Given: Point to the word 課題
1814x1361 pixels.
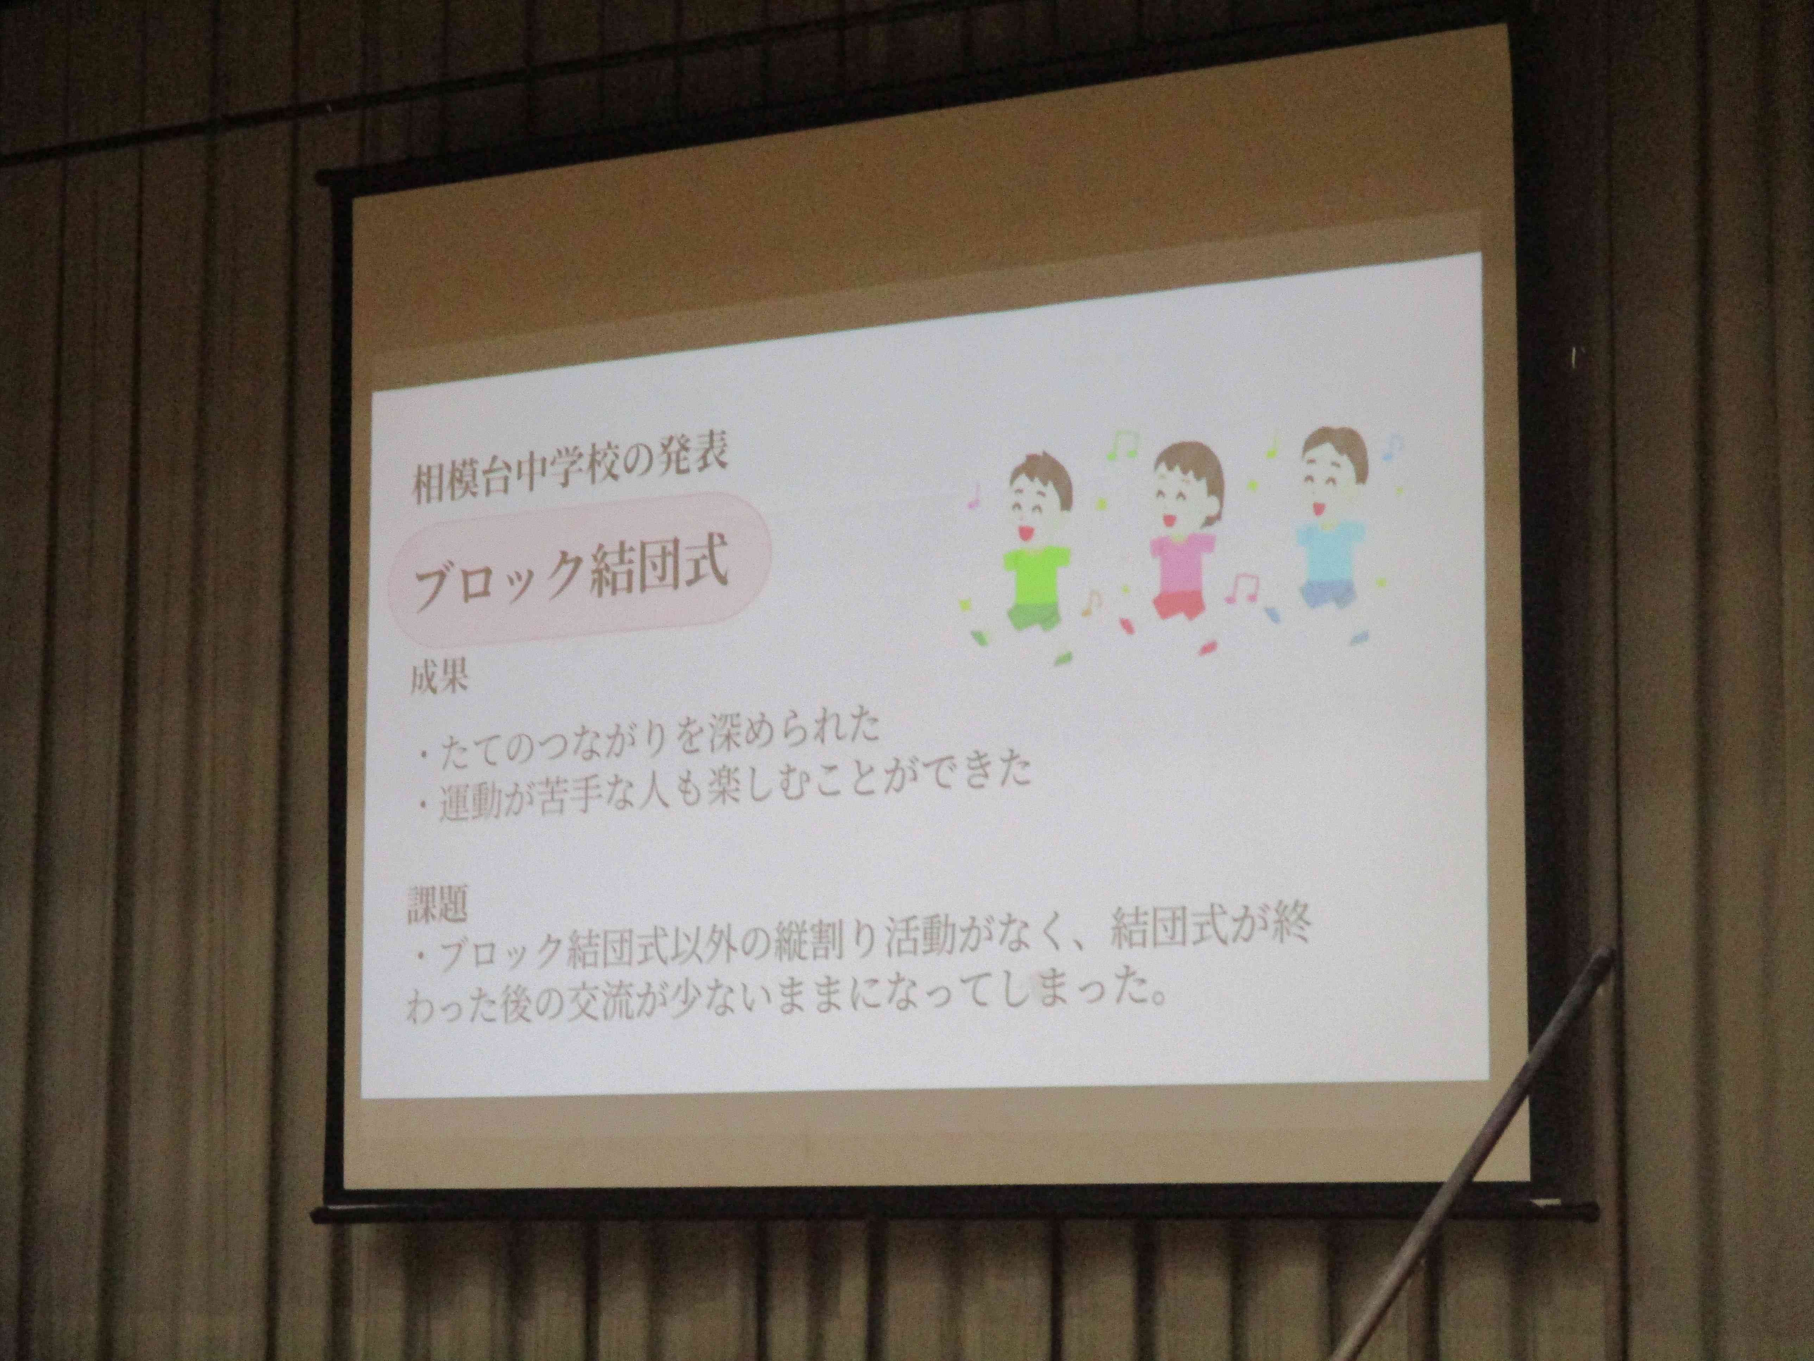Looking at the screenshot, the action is click(x=438, y=907).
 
